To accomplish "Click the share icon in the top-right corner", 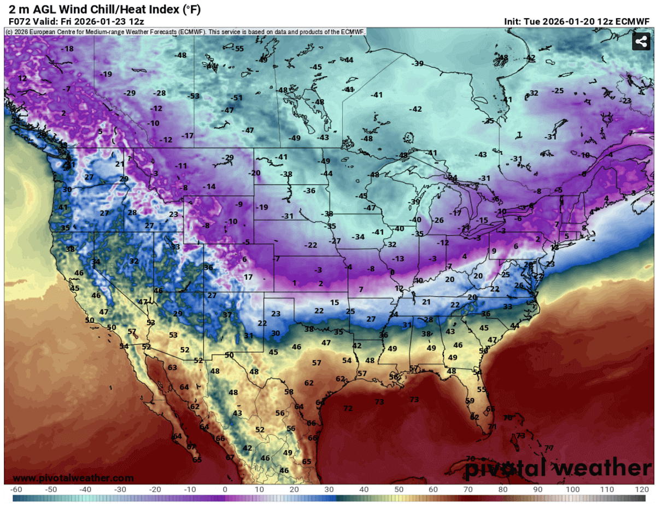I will pos(640,42).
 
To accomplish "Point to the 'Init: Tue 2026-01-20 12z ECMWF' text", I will pos(579,21).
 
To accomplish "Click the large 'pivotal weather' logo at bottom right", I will pos(558,469).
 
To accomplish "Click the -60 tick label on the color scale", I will pos(16,489).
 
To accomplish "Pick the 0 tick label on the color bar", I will pos(225,489).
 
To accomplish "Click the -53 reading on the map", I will pos(194,96).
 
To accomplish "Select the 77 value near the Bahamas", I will pos(549,448).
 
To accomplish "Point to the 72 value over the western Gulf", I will pos(348,408).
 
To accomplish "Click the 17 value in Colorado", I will pos(248,277).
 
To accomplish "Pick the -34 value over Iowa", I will pos(359,236).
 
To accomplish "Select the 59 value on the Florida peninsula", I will pos(470,401).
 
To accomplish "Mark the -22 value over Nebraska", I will pos(311,245).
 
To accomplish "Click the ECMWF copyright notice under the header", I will pos(185,32).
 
